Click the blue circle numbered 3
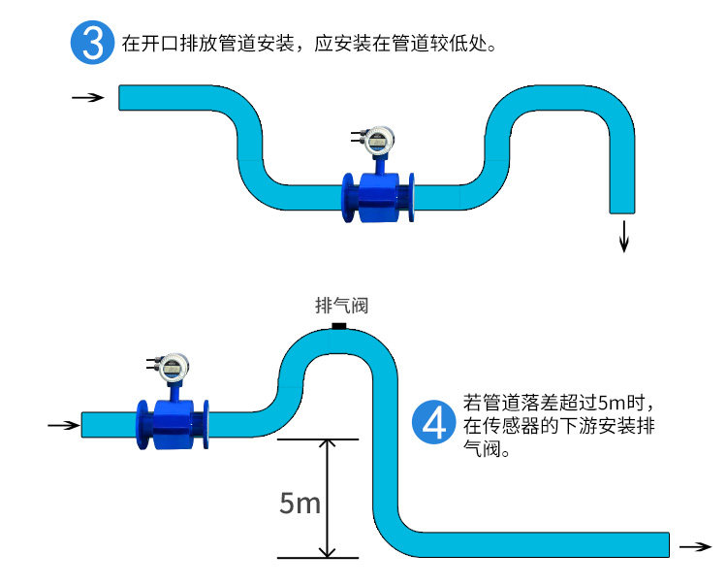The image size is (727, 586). (x=92, y=43)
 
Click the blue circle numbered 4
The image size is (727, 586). (x=434, y=422)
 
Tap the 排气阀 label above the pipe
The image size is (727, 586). (x=342, y=306)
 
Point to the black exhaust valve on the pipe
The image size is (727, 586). (x=339, y=326)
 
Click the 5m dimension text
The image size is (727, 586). (x=300, y=503)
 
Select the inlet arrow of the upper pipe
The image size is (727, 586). (x=88, y=97)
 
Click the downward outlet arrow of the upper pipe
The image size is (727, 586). (x=624, y=237)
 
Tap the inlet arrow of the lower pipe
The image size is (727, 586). (x=64, y=425)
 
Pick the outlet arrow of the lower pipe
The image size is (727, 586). (x=695, y=546)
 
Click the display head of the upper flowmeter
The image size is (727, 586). (x=379, y=140)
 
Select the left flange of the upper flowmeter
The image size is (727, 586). (x=348, y=198)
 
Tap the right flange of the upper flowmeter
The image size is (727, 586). (x=410, y=198)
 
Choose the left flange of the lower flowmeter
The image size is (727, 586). (x=143, y=425)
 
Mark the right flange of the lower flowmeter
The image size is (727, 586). (x=205, y=425)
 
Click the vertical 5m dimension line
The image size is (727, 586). (x=328, y=498)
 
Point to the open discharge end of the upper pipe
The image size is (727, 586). (x=622, y=212)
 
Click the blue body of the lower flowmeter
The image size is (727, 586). (x=173, y=425)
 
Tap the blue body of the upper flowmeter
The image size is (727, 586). (x=379, y=198)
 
